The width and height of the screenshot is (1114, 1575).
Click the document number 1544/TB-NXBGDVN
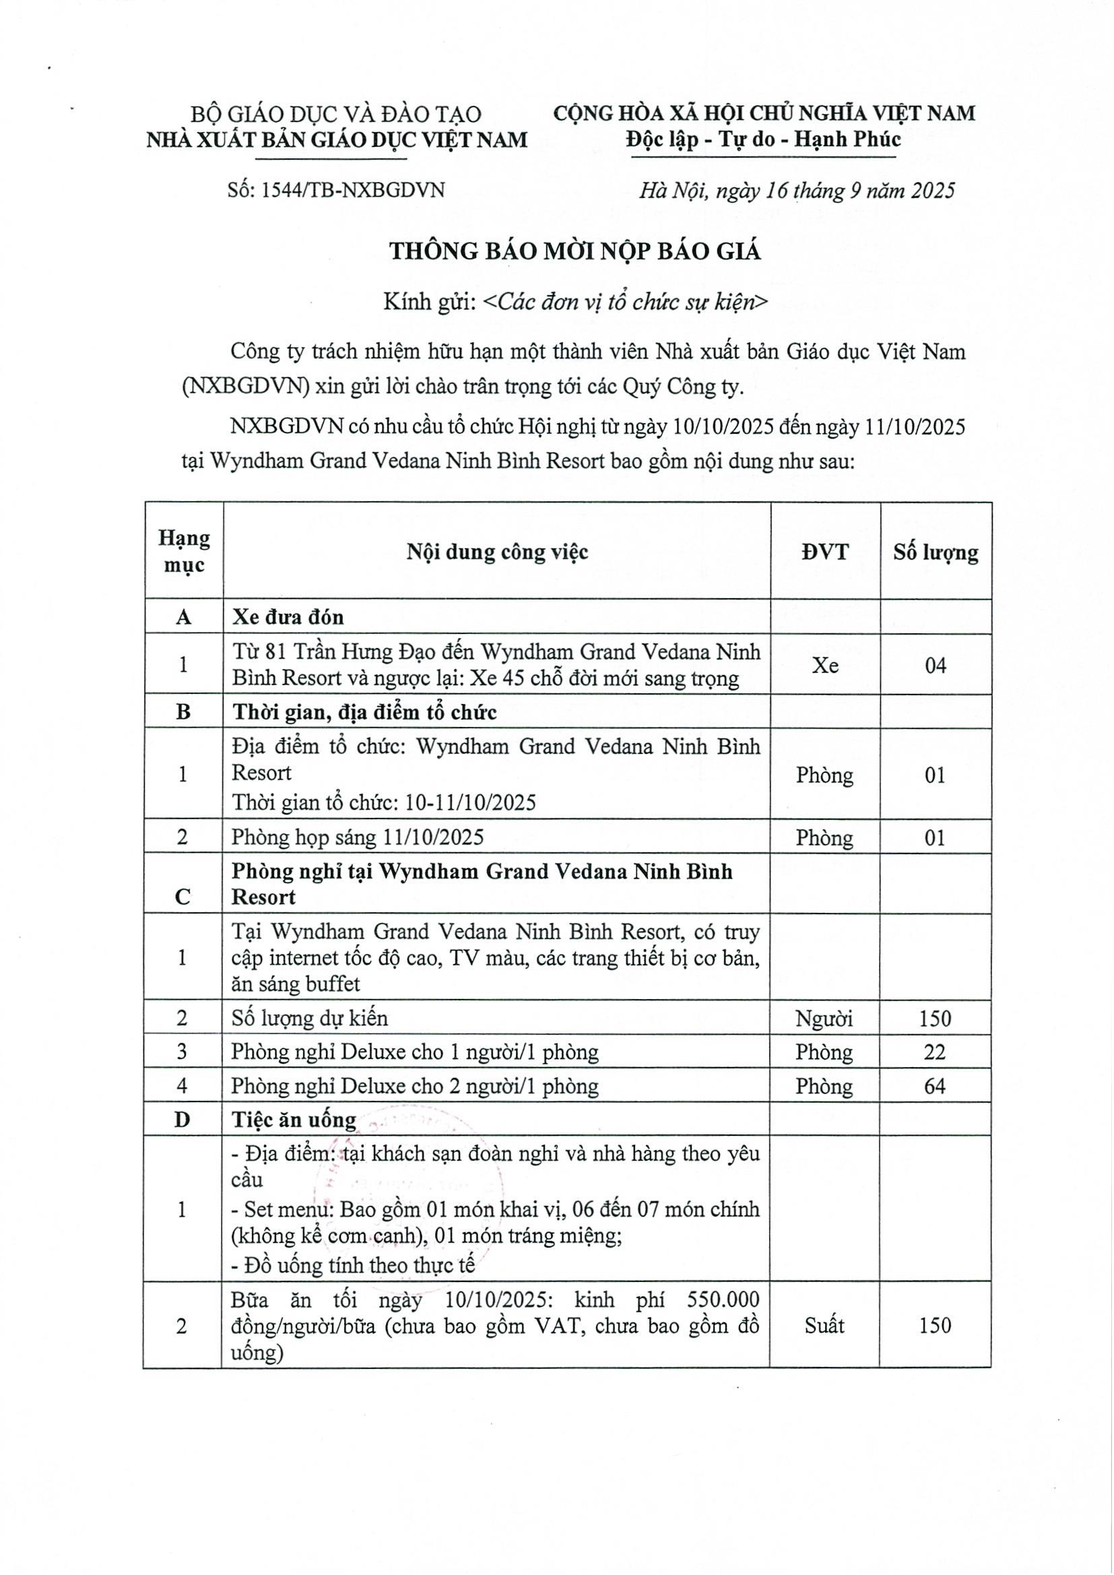coord(336,190)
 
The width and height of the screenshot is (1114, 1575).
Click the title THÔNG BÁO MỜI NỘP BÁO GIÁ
coord(575,252)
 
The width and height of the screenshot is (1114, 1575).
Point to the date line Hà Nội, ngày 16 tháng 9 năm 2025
coord(796,190)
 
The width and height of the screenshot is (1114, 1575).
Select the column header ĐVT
coord(824,552)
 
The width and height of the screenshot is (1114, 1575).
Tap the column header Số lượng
coord(935,552)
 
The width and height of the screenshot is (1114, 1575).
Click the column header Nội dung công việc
coord(496,552)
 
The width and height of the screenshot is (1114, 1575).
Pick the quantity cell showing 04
coord(935,665)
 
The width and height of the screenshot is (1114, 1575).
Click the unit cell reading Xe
coord(824,665)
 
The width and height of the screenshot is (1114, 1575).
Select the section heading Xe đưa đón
coord(288,616)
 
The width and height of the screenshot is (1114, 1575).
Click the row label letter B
coord(183,711)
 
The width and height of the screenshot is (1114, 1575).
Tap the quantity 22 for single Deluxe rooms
coord(934,1052)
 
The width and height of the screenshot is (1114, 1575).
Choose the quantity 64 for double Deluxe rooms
coord(934,1086)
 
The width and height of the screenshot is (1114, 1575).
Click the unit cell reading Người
coord(824,1018)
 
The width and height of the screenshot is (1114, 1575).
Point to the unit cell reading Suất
coord(824,1325)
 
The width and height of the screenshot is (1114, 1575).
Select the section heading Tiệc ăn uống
coord(294,1120)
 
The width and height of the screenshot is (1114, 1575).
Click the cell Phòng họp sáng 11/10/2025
coord(358,837)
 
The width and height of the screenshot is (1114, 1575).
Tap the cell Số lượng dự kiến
coord(309,1018)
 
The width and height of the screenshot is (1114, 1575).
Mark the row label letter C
coord(183,897)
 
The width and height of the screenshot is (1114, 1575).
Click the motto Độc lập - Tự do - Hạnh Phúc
coord(763,140)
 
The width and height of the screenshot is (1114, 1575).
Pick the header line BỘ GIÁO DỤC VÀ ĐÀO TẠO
coord(335,114)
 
